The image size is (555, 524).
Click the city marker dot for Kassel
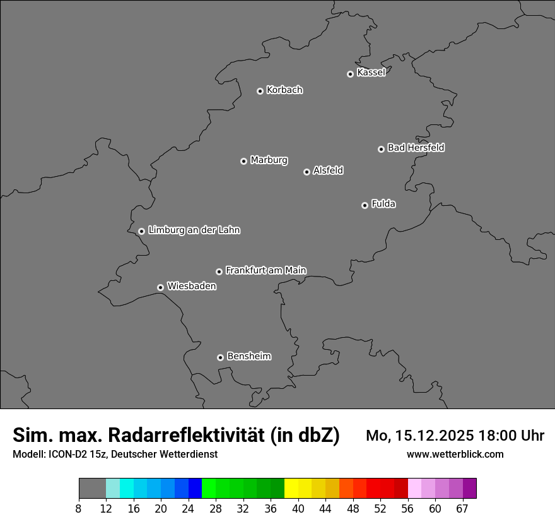pos(350,74)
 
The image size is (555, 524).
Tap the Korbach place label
pos(284,90)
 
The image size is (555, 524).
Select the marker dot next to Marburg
pos(243,161)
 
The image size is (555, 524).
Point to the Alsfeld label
pos(328,170)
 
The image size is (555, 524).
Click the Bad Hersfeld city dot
pos(381,149)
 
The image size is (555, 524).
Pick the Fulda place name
pos(383,204)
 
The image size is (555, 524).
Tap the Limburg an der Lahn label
pos(194,230)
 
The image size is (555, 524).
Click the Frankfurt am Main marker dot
pos(219,271)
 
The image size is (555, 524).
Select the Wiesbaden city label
pos(191,287)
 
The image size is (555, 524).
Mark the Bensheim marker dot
pos(220,357)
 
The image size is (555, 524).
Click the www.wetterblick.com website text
pos(455,455)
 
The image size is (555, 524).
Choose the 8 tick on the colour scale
pos(78,509)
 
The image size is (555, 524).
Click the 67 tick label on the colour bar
pos(462,509)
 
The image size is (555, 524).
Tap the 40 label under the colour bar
pos(298,509)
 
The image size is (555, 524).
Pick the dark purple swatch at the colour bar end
pos(470,489)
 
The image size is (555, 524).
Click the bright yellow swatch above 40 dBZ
pos(291,489)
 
